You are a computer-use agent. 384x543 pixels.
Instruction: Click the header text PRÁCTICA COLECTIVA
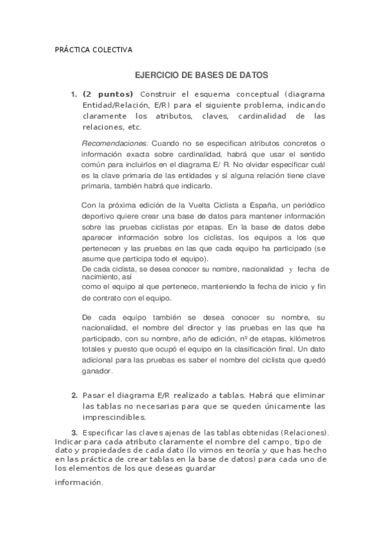pyautogui.click(x=93, y=49)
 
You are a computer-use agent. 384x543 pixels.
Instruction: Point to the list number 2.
pyautogui.click(x=74, y=395)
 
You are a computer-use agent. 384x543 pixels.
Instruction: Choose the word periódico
pyautogui.click(x=305, y=204)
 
